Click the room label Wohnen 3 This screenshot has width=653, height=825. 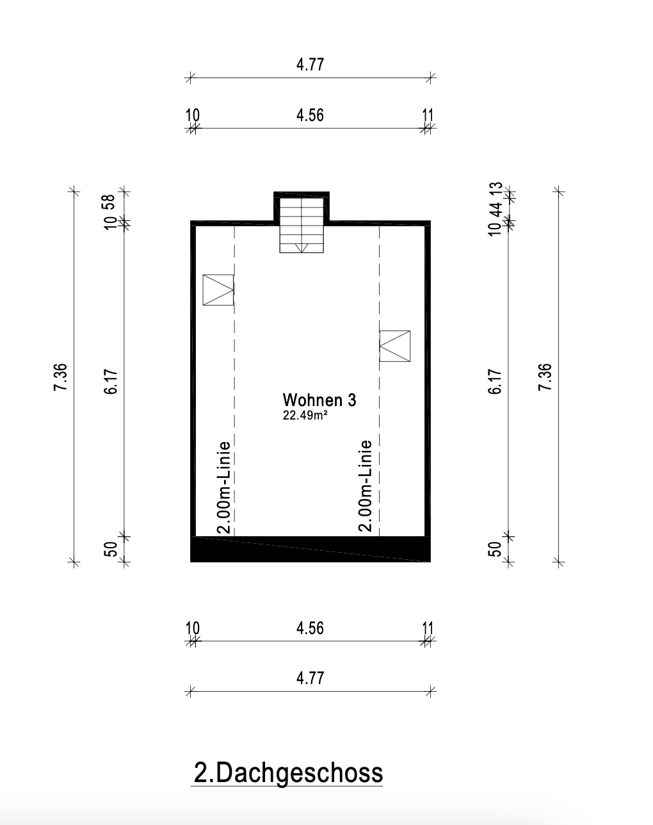point(319,400)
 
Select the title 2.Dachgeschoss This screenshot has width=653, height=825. point(287,772)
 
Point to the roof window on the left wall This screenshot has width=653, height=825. point(218,290)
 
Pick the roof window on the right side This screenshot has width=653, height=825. point(394,346)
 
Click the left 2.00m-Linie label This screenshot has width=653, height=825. point(224,487)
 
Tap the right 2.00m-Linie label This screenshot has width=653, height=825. point(365,485)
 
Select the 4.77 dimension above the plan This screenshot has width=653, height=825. point(310,65)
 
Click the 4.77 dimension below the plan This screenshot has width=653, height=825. point(310,678)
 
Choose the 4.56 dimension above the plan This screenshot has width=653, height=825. point(310,115)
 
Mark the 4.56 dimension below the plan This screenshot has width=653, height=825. point(310,628)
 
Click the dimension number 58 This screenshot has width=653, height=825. point(109,202)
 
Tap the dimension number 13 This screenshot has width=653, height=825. point(495,190)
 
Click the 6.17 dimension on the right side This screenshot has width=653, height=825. point(495,381)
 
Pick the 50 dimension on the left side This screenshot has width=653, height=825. point(109,549)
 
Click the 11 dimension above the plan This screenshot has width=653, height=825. point(428,115)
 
